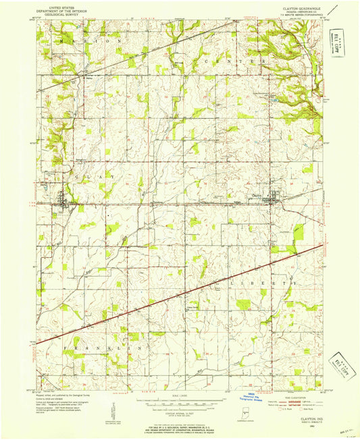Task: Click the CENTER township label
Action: click(x=236, y=61)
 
